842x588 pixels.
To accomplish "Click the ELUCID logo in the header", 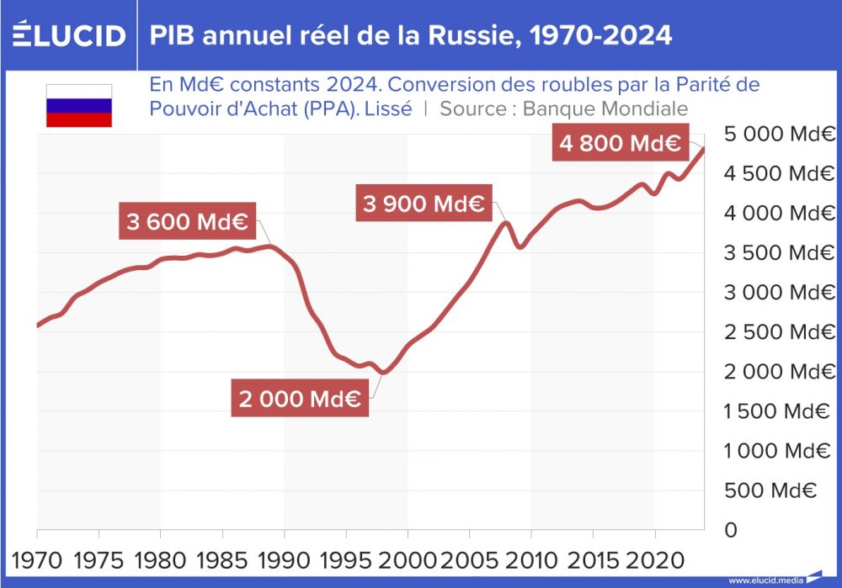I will (x=68, y=34).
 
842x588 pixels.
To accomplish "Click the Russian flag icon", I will (x=78, y=106).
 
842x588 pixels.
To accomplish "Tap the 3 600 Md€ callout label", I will (x=186, y=222).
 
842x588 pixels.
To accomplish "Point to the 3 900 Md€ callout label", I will (x=424, y=203).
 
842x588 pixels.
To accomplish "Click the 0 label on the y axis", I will (x=731, y=530).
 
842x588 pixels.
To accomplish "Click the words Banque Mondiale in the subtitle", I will (x=605, y=109).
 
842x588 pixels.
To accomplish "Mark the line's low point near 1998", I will (x=385, y=372).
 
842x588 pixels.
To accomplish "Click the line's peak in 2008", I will (x=506, y=222).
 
